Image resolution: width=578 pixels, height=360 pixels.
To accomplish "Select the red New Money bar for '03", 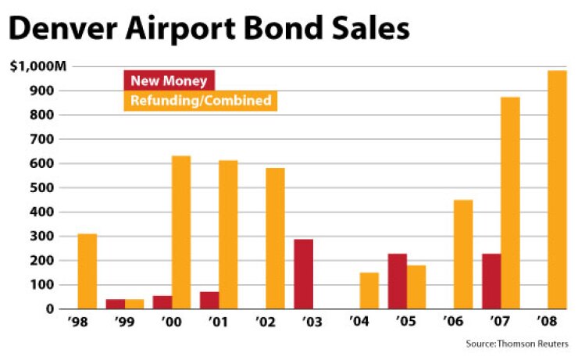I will click(304, 274).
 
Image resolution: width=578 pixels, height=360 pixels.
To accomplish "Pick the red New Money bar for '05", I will click(398, 281).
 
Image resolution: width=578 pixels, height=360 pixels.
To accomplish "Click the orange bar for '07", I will click(510, 203).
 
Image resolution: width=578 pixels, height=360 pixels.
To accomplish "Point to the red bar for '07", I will click(491, 281).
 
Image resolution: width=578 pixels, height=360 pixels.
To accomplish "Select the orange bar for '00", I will click(181, 233).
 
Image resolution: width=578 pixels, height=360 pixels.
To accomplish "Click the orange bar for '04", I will click(369, 290).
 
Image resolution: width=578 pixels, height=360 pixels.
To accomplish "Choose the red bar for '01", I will click(209, 301).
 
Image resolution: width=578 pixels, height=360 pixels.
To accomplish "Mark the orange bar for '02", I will click(275, 238).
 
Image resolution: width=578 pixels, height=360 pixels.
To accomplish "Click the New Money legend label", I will click(169, 80).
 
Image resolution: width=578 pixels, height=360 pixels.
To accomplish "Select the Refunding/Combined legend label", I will click(202, 101).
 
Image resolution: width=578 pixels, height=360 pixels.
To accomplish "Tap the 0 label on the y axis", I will click(50, 309).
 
